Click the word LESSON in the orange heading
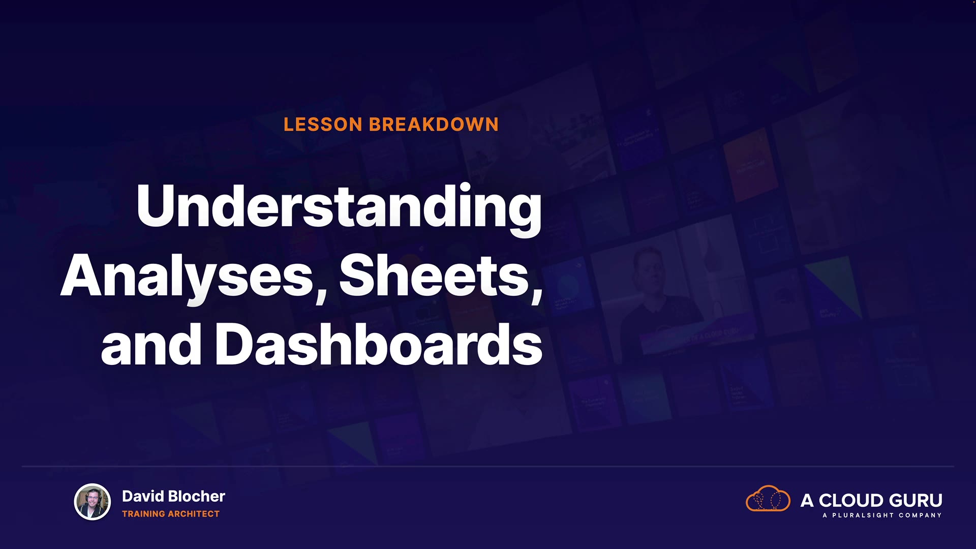(323, 125)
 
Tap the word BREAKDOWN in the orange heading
(434, 125)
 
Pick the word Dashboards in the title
(379, 344)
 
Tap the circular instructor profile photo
(93, 502)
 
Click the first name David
(143, 496)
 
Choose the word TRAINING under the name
(143, 514)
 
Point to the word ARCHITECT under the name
(194, 514)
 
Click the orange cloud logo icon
(768, 499)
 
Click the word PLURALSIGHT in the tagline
(863, 515)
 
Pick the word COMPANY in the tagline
(920, 515)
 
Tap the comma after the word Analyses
(321, 294)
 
